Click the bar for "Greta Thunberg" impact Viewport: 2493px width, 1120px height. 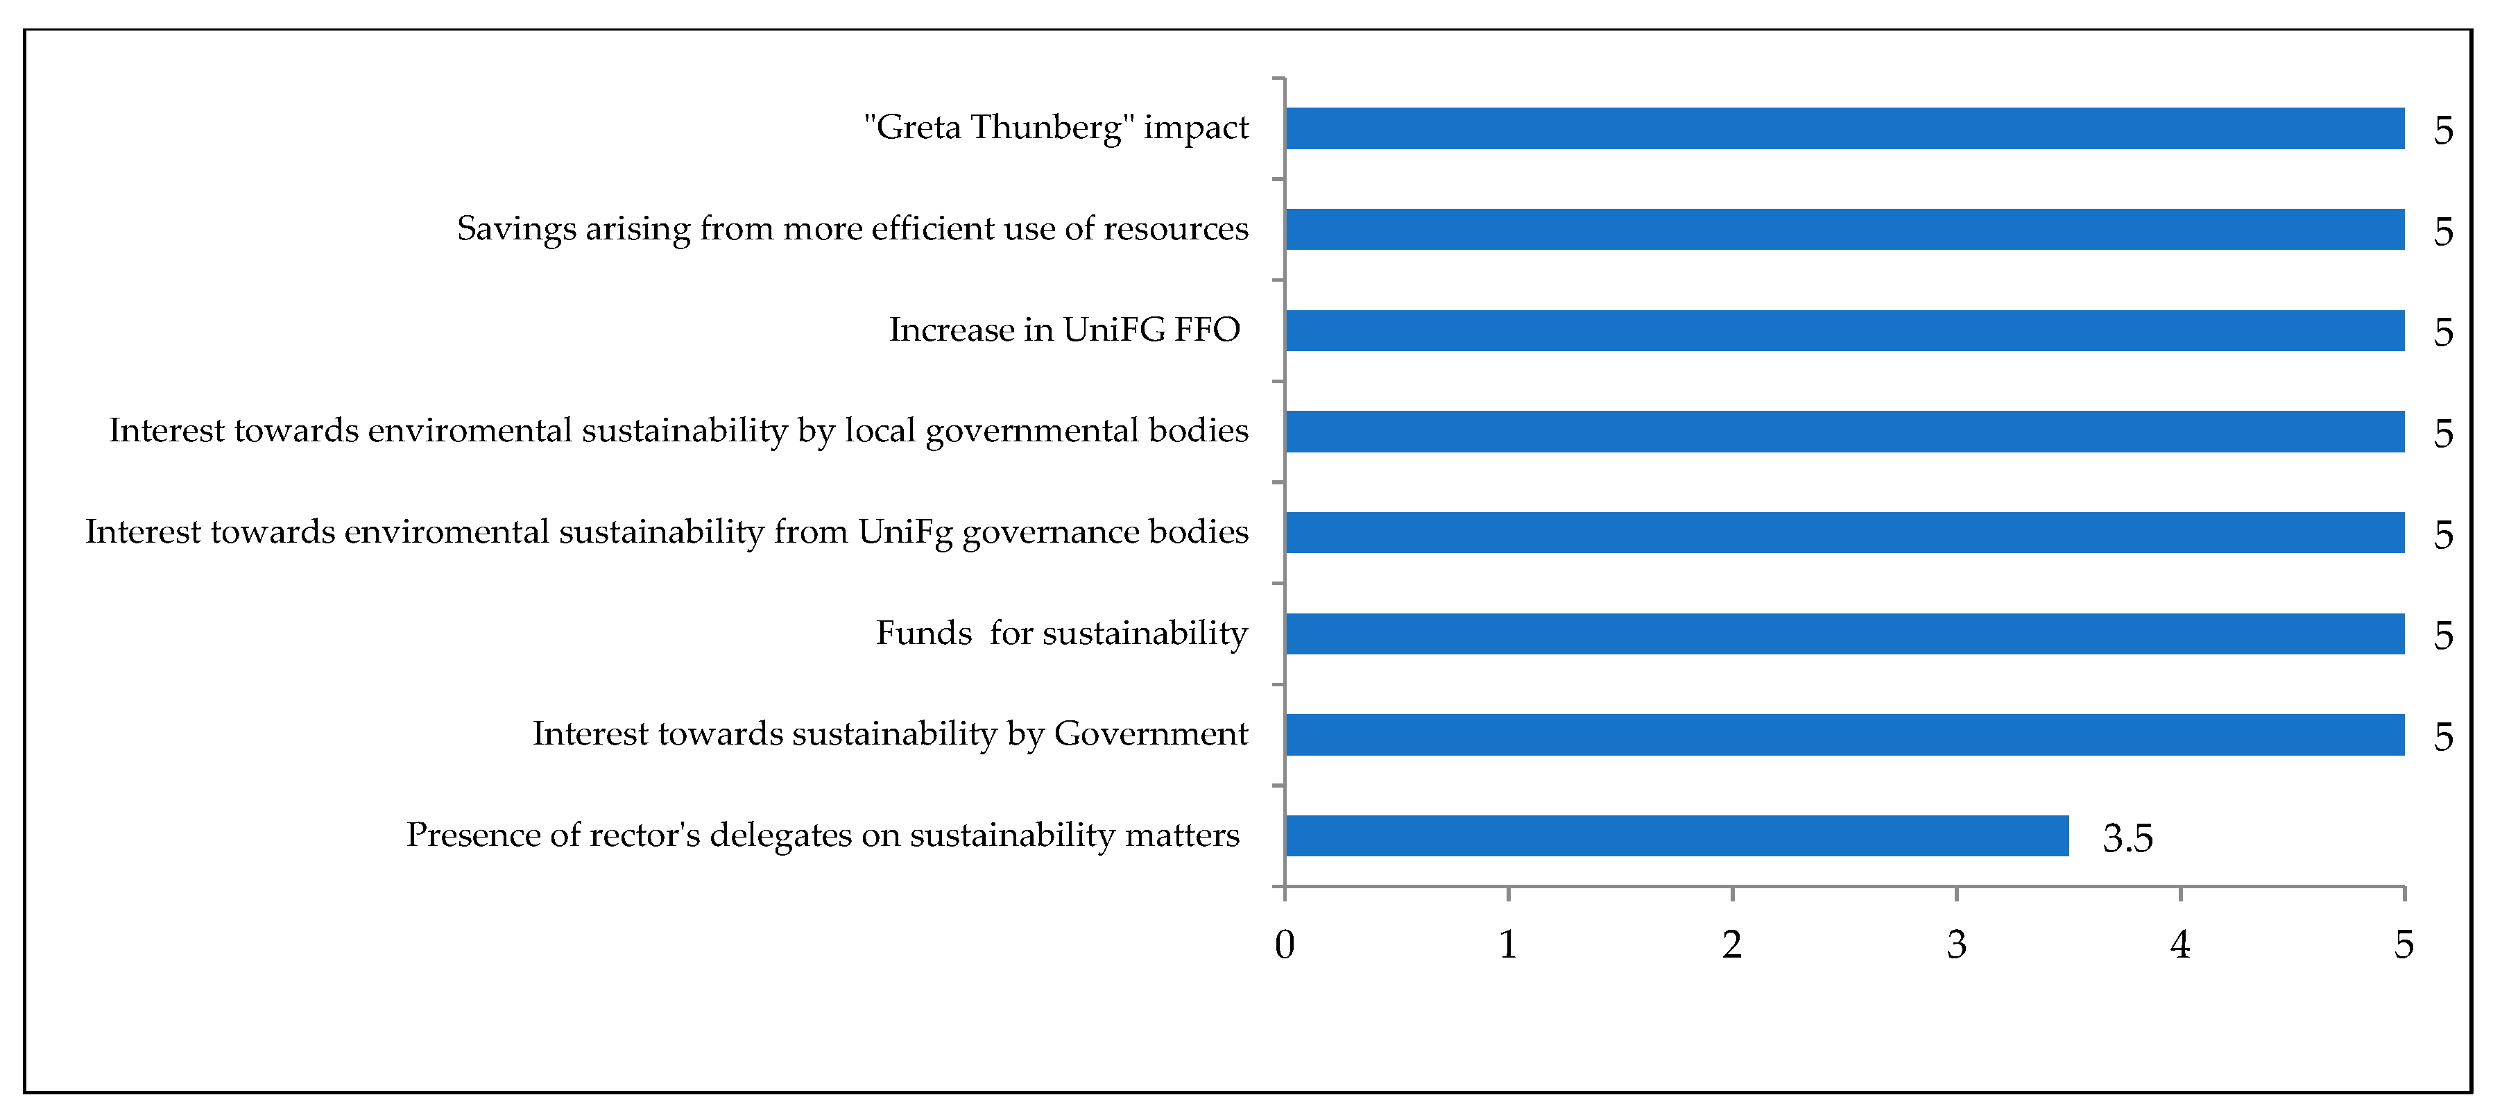[1844, 129]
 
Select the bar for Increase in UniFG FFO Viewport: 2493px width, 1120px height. [1844, 331]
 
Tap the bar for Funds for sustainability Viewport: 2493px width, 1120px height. [1844, 634]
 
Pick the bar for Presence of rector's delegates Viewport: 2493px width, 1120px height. [1676, 836]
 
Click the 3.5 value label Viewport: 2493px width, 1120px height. [2127, 838]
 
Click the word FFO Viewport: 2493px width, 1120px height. [1207, 330]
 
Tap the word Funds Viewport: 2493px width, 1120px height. [923, 633]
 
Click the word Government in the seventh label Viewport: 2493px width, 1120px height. [1151, 733]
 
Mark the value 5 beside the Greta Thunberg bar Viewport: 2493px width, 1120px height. [2442, 130]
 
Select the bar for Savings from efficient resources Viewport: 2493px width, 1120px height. [1844, 230]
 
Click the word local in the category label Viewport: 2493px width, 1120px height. [880, 431]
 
